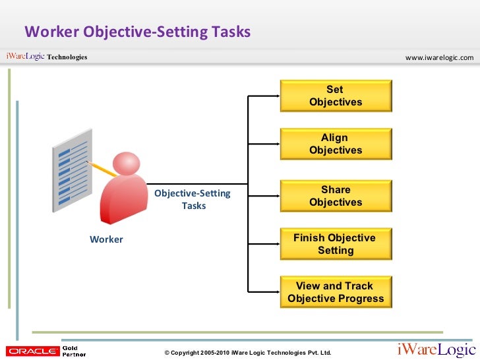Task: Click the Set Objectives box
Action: [336, 96]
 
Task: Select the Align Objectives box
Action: [336, 144]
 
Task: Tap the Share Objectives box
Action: [336, 196]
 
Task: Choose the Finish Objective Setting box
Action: [336, 244]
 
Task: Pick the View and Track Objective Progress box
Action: [336, 292]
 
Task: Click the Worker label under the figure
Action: [106, 239]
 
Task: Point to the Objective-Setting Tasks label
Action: [193, 199]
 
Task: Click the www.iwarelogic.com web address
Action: [439, 57]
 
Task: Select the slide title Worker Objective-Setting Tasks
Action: [137, 32]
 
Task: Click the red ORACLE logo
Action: [31, 351]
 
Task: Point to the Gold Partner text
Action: [74, 351]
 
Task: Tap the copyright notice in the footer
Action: [248, 353]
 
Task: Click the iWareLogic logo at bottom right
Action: [435, 350]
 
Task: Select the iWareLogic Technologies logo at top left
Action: [46, 57]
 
